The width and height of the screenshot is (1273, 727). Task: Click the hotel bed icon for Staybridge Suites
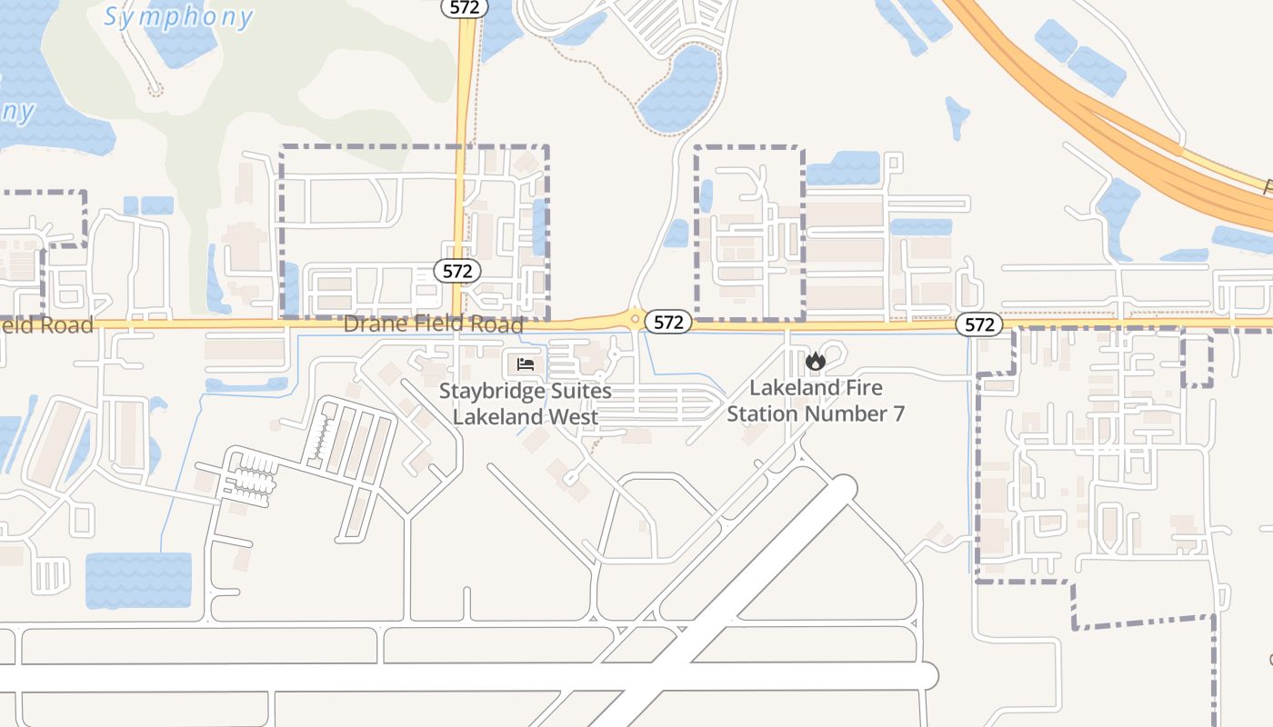525,364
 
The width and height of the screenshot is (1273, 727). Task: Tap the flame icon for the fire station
815,362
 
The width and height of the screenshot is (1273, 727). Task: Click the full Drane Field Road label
434,324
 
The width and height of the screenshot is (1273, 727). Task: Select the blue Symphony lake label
178,16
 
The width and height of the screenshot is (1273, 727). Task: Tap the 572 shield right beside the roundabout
668,322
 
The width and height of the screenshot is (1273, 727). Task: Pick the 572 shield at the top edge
465,7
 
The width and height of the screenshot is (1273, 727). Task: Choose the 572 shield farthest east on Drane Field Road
978,324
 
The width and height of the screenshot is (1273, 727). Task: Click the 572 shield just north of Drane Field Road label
456,271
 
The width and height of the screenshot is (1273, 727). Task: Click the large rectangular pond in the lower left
138,580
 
